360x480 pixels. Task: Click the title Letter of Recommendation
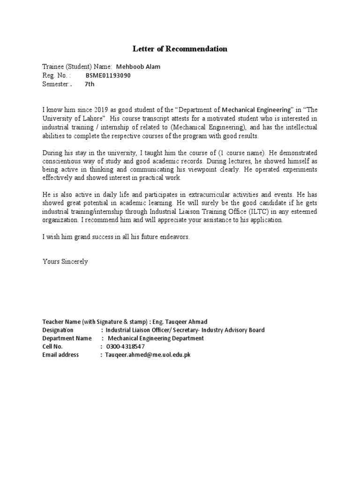click(x=180, y=49)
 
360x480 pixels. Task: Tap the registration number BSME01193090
click(x=108, y=75)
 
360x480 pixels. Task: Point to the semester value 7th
click(x=90, y=84)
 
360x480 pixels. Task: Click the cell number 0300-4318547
click(x=126, y=346)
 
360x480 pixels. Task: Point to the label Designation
click(x=58, y=330)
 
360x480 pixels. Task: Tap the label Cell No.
click(x=52, y=346)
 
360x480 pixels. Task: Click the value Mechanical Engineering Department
click(x=156, y=338)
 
